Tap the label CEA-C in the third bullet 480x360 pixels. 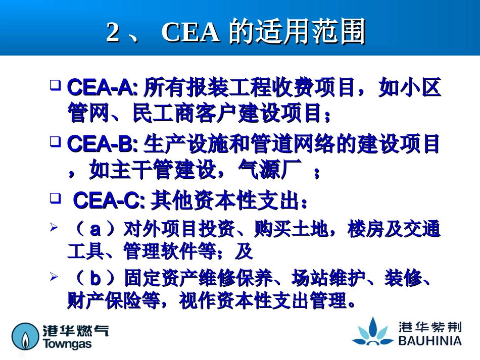pyautogui.click(x=107, y=201)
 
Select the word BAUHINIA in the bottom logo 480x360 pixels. pyautogui.click(x=429, y=341)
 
